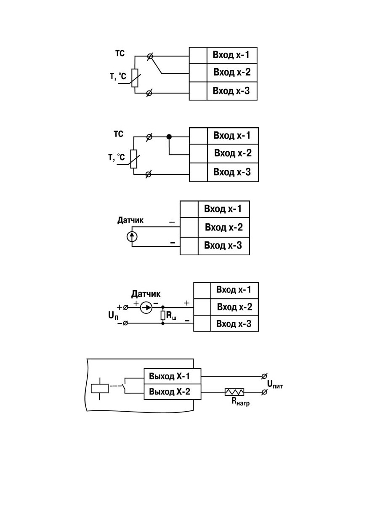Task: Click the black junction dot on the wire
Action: pyautogui.click(x=169, y=137)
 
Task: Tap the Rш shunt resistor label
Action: pyautogui.click(x=171, y=316)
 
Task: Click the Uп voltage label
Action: pyautogui.click(x=113, y=316)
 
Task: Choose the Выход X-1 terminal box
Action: pyautogui.click(x=172, y=376)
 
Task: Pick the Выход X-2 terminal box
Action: pyautogui.click(x=172, y=392)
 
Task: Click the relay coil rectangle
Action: pyautogui.click(x=100, y=388)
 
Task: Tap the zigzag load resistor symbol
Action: pyautogui.click(x=234, y=392)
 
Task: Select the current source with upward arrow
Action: pyautogui.click(x=132, y=236)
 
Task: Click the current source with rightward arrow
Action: pyautogui.click(x=146, y=308)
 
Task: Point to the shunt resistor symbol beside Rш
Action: pyautogui.click(x=163, y=316)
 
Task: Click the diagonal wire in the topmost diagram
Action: pyautogui.click(x=156, y=65)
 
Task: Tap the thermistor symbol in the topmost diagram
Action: pyautogui.click(x=135, y=78)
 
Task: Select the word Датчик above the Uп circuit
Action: pyautogui.click(x=146, y=294)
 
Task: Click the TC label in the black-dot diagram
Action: pyautogui.click(x=118, y=134)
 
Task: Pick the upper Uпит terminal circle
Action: pyautogui.click(x=264, y=376)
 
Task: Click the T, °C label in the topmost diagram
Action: pyautogui.click(x=118, y=76)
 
